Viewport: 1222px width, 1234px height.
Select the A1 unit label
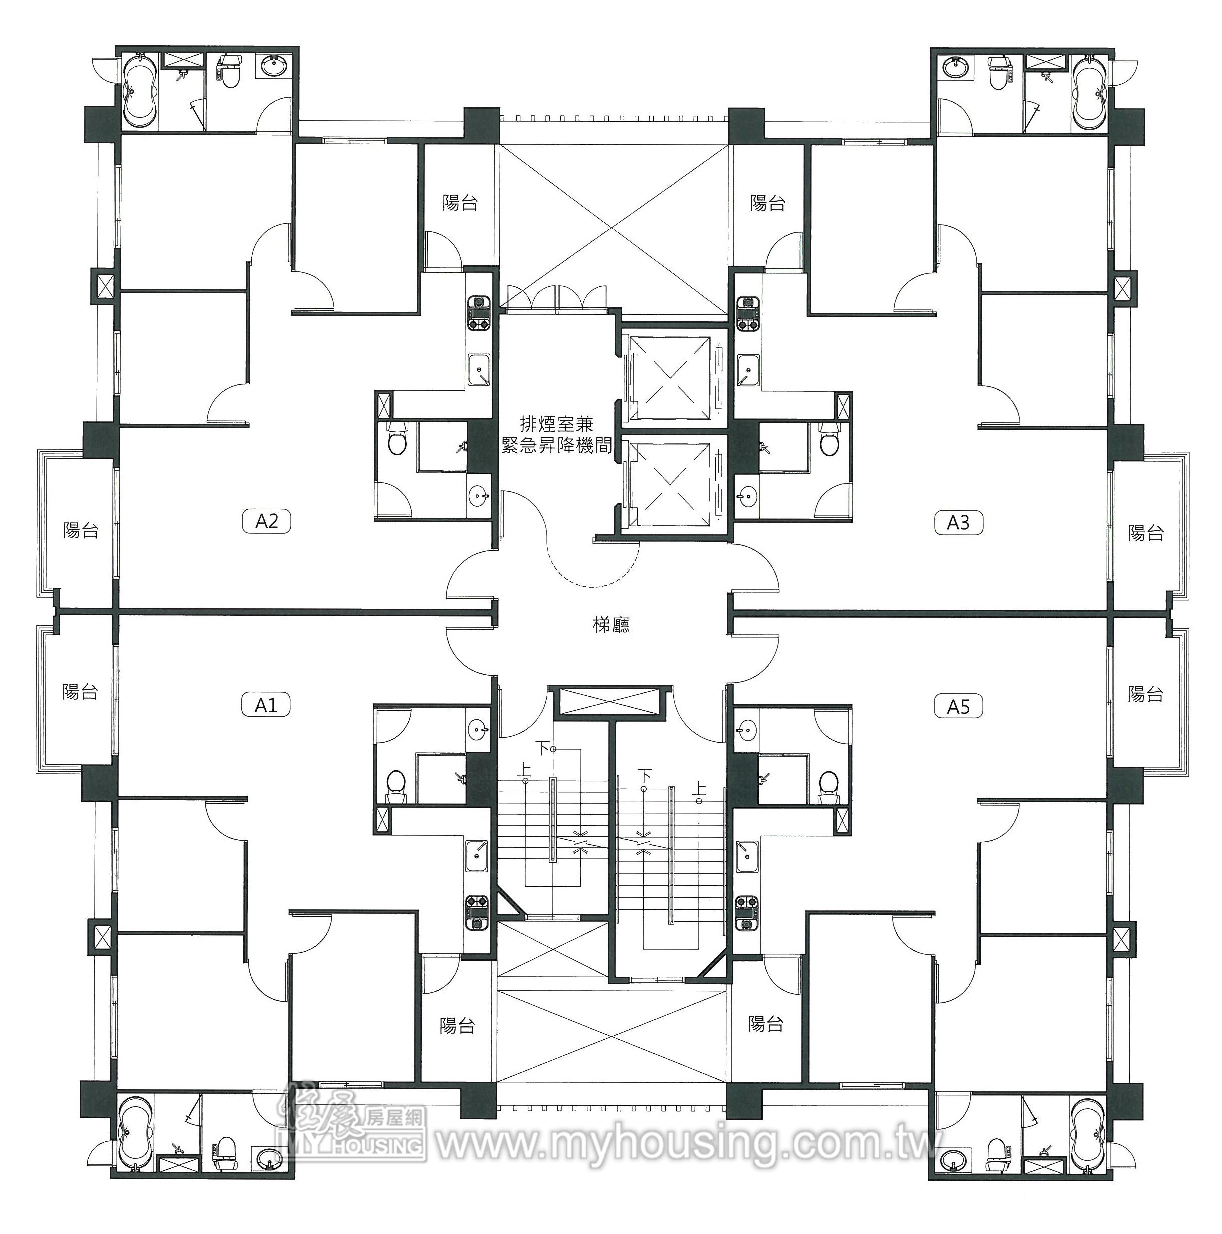(x=266, y=705)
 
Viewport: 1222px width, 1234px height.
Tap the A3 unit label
(x=958, y=523)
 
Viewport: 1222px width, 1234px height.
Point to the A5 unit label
(x=958, y=707)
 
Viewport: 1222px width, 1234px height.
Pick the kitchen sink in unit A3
(x=747, y=370)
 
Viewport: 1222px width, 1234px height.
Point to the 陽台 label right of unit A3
(x=1146, y=533)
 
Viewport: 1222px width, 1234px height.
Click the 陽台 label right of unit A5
(x=1146, y=694)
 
